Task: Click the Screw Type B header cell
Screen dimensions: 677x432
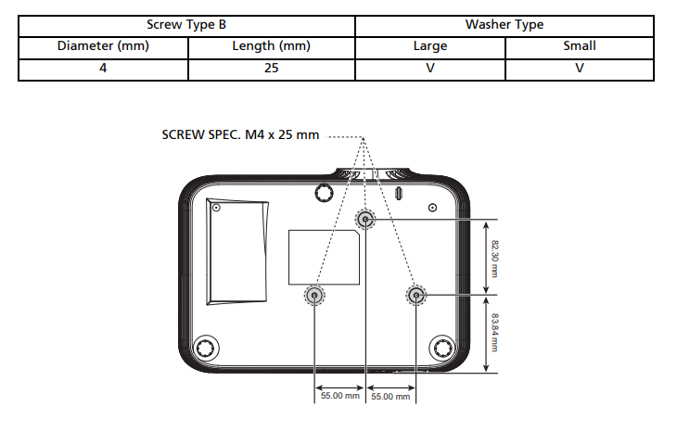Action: click(x=186, y=25)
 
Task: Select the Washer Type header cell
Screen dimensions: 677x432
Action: click(x=505, y=25)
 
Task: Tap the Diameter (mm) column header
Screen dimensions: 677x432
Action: click(x=103, y=46)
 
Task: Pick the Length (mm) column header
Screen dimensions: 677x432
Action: click(x=271, y=46)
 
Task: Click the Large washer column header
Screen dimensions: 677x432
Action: click(x=430, y=46)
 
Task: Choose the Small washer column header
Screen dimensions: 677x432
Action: click(x=580, y=46)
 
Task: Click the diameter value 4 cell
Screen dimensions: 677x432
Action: click(x=103, y=69)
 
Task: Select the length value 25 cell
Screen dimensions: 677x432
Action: click(x=271, y=69)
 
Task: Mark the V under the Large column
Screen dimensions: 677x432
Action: click(x=430, y=69)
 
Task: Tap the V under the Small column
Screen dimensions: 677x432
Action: click(x=580, y=69)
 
